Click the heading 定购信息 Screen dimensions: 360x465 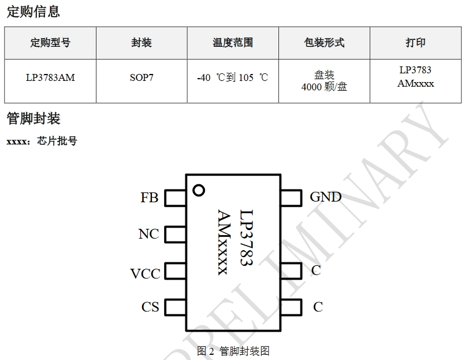coord(33,12)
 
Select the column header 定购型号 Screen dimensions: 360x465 coord(50,43)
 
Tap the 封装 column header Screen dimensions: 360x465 coord(142,43)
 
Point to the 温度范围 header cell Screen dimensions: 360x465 coord(233,43)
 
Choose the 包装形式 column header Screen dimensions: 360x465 coord(324,43)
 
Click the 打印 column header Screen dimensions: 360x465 coord(415,43)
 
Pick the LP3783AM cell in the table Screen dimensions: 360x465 coord(50,77)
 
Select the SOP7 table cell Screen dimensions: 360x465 coord(142,77)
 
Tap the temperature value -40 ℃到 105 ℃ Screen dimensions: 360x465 coord(233,77)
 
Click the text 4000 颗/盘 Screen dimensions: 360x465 coord(324,87)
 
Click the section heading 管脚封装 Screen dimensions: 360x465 coord(33,119)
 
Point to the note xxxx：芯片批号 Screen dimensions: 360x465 coord(41,141)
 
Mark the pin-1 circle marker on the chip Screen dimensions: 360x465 coord(199,190)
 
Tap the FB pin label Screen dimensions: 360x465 coord(149,198)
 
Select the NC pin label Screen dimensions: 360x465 coord(148,234)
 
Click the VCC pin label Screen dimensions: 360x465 coord(145,273)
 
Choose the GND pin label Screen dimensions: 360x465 coord(326,197)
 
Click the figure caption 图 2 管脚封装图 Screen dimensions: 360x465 coord(233,351)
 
